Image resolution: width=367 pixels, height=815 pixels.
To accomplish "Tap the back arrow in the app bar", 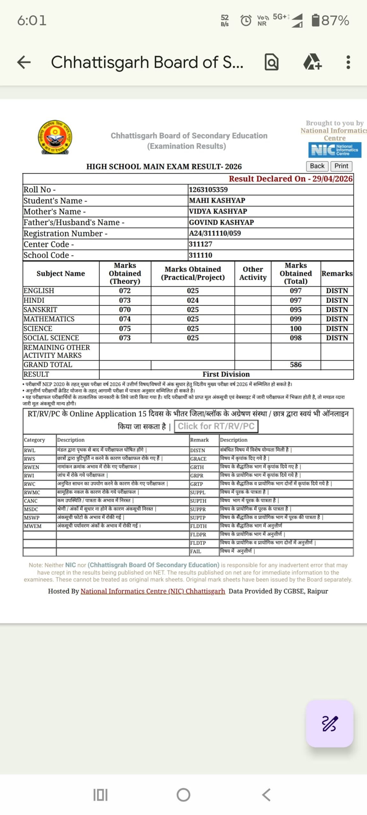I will coord(24,62).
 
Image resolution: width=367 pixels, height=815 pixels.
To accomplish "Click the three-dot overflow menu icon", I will coord(348,62).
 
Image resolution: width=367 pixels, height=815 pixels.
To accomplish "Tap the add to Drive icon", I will coord(312,62).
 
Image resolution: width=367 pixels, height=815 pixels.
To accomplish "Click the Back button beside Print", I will coord(317,166).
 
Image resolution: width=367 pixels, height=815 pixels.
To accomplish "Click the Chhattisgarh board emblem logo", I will coord(55,137).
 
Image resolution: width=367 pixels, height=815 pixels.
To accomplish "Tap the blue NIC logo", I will coord(335,150).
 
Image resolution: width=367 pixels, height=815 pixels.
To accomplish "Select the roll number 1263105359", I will coord(208,190).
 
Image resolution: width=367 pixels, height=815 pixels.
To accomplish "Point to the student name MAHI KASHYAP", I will coord(217,201).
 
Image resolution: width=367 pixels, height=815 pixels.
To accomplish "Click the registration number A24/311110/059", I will coord(215,233).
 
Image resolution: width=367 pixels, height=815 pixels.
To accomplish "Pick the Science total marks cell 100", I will coord(296,329).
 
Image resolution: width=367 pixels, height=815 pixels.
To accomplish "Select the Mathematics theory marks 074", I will coord(125,319).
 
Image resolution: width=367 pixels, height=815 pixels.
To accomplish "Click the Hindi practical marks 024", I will coord(193,300).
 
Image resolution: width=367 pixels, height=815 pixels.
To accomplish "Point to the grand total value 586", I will coord(296,365).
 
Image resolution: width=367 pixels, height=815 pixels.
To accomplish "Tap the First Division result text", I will coord(226,374).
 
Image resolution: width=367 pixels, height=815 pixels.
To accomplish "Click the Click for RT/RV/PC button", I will coord(216,426).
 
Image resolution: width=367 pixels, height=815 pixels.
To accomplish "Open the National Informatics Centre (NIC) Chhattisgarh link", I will coord(153,591).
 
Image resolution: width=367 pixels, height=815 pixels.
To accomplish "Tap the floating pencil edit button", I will coord(329,723).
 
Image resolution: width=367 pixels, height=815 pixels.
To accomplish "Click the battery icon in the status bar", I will coord(315,20).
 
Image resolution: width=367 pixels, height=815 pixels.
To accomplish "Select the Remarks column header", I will coord(337,273).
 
